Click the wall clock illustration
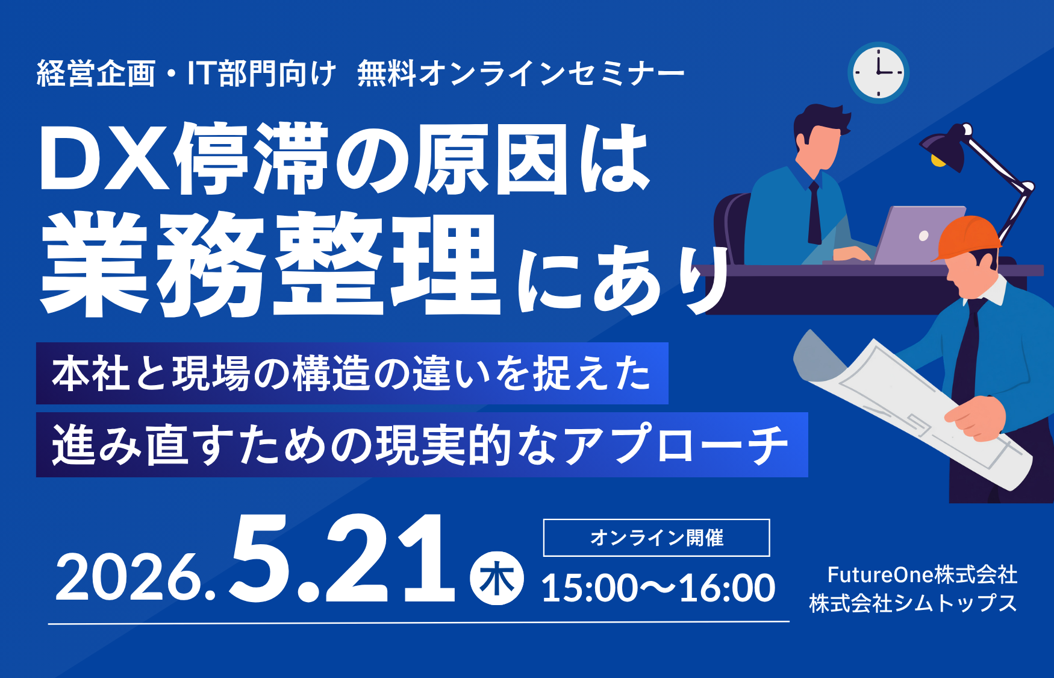[878, 72]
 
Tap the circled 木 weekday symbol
[497, 579]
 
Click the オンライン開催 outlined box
[656, 538]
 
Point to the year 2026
[136, 579]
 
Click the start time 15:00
[589, 588]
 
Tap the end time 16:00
[727, 588]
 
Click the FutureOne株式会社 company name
[922, 574]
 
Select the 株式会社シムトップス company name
[912, 603]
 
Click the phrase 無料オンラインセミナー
[521, 74]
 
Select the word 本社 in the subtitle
[90, 374]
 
